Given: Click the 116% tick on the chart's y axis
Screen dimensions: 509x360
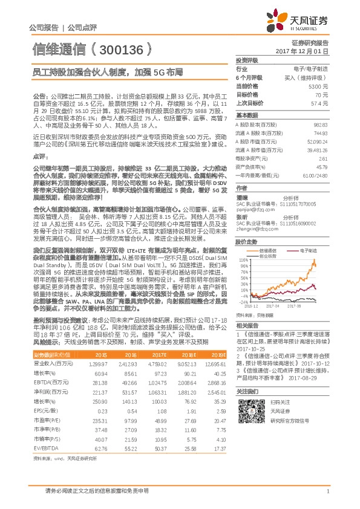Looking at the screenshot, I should pos(242,260).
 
